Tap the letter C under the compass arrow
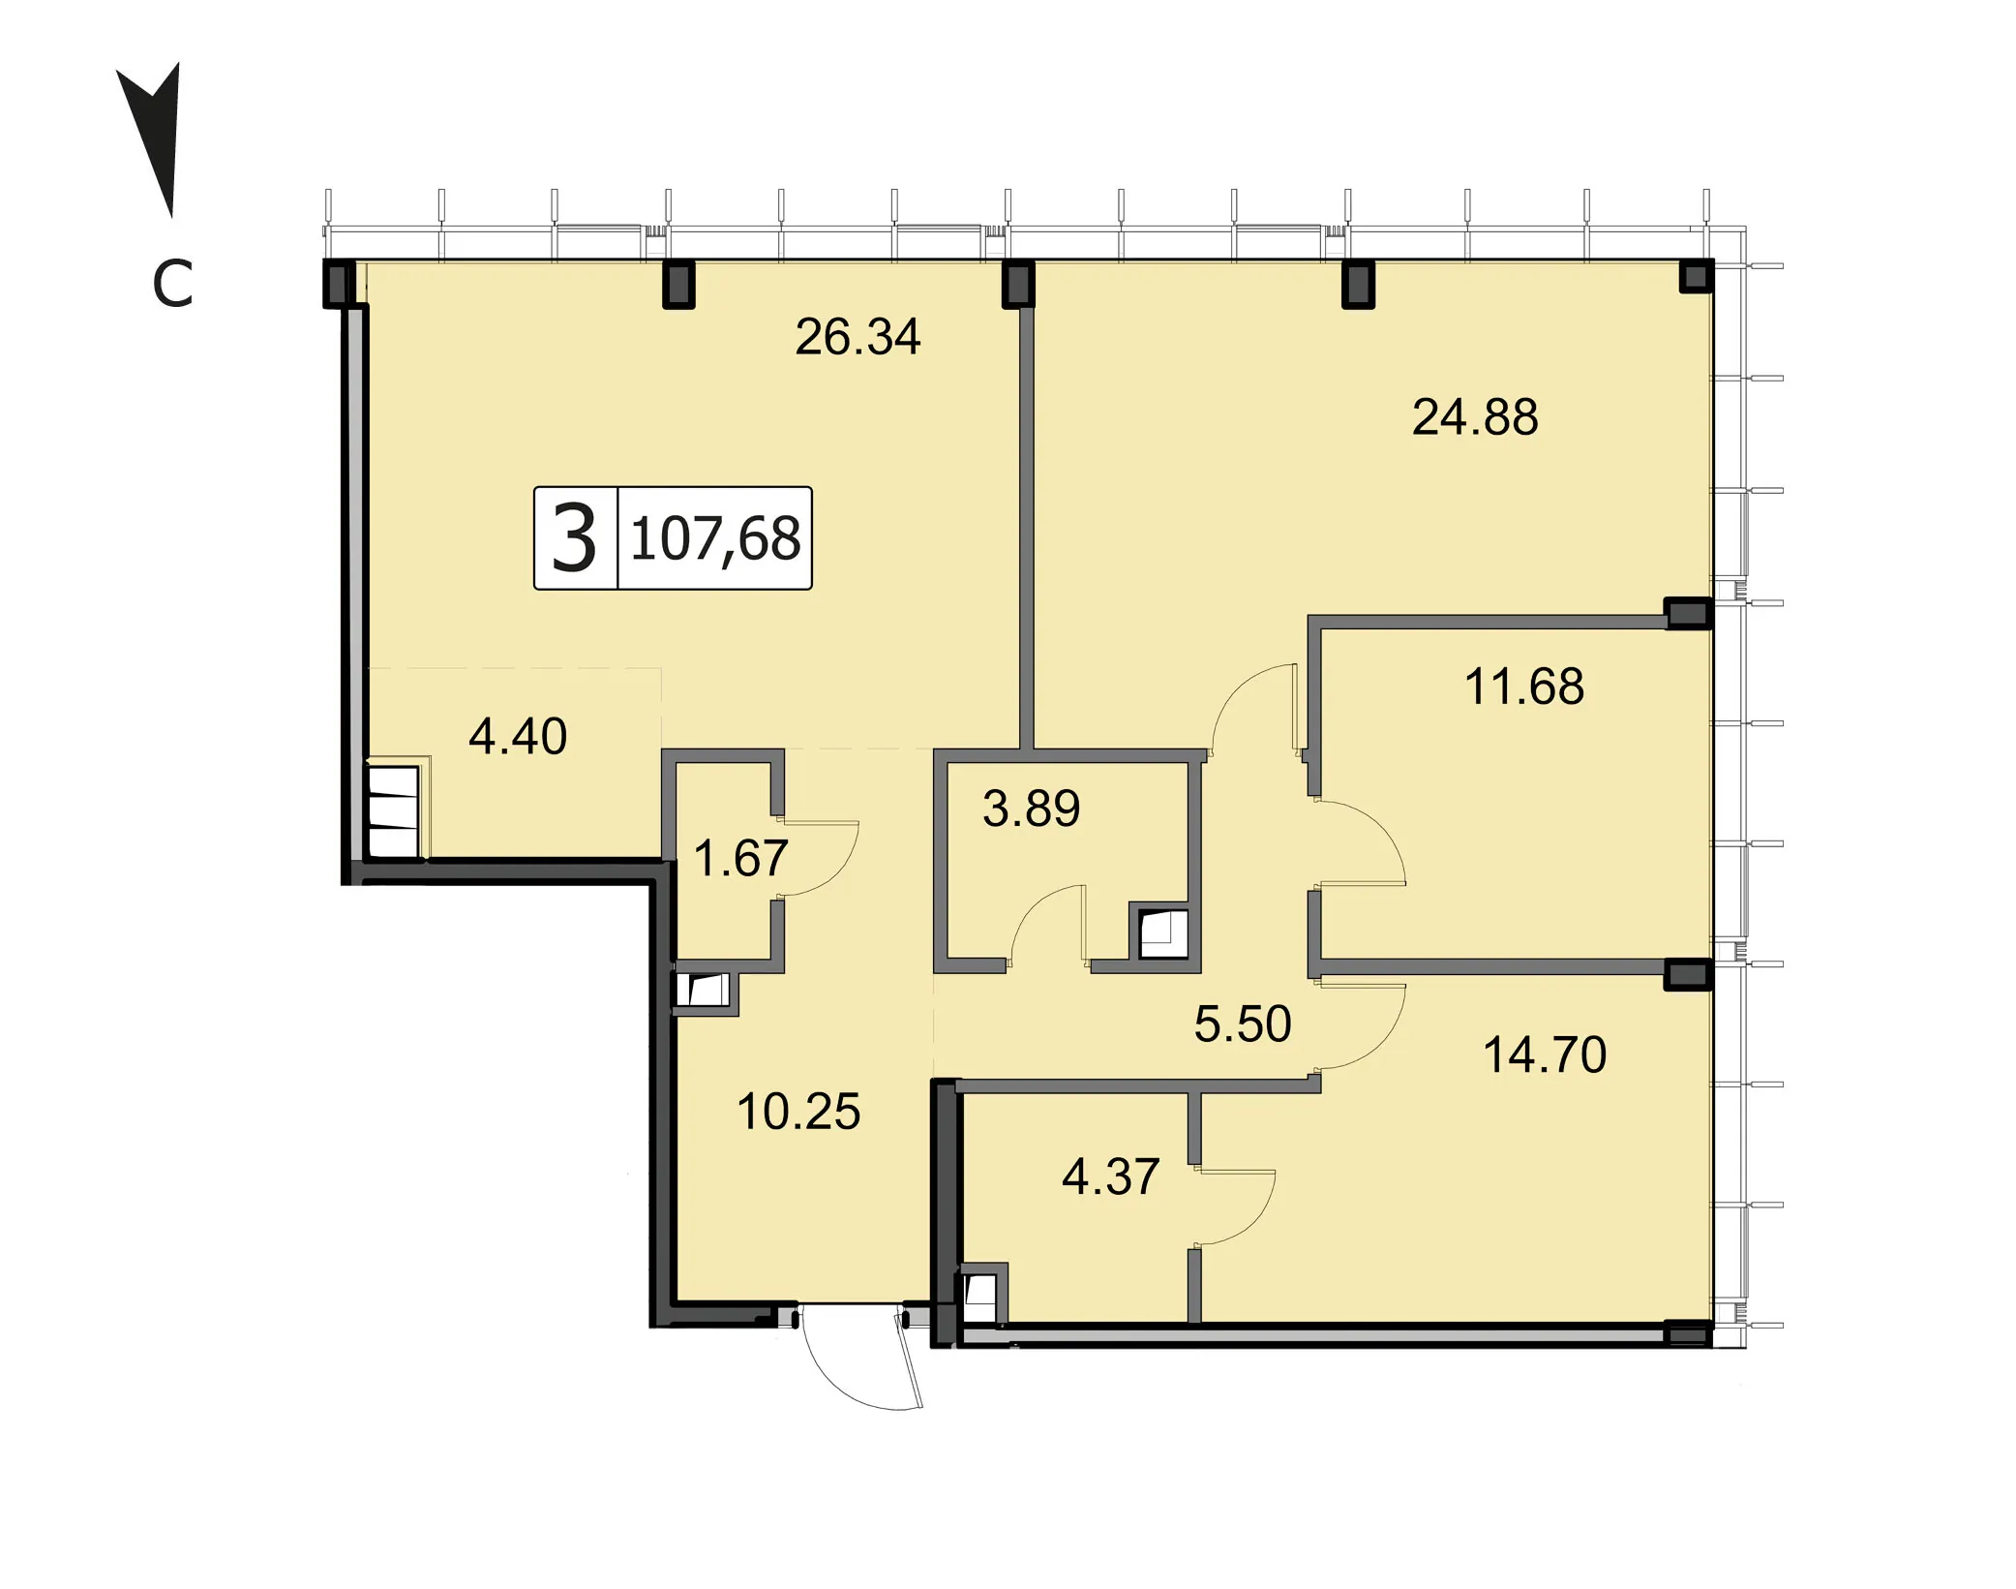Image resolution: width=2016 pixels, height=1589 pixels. point(173,284)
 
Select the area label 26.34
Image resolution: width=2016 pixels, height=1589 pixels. point(858,337)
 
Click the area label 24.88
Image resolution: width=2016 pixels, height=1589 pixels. point(1475,417)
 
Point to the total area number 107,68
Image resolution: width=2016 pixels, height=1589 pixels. point(715,539)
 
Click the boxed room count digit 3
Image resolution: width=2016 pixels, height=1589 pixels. point(574,538)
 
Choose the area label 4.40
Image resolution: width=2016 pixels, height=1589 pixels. point(518,736)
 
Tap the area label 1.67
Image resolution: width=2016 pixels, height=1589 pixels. point(741,858)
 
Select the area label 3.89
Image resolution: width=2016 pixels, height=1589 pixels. point(1031,809)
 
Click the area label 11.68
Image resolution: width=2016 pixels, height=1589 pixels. point(1524,687)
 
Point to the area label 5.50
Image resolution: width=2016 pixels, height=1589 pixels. point(1243,1024)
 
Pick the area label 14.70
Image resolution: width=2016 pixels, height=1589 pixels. point(1545,1054)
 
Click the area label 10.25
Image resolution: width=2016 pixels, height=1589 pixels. point(798,1112)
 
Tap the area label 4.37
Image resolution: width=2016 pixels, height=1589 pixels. point(1110,1176)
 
